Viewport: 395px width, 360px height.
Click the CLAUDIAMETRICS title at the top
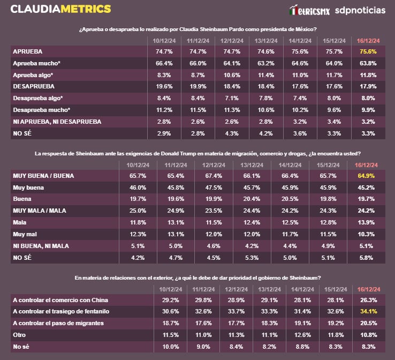61,9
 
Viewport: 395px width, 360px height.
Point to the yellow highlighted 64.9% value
366,176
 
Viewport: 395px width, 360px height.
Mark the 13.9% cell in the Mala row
366,222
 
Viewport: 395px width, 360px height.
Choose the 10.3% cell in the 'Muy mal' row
366,234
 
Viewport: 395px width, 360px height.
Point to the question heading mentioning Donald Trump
197,154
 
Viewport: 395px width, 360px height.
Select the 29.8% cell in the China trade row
197,299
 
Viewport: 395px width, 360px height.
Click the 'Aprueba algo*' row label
33,75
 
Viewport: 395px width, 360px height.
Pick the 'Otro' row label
20,335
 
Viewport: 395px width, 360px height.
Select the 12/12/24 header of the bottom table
231,289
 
